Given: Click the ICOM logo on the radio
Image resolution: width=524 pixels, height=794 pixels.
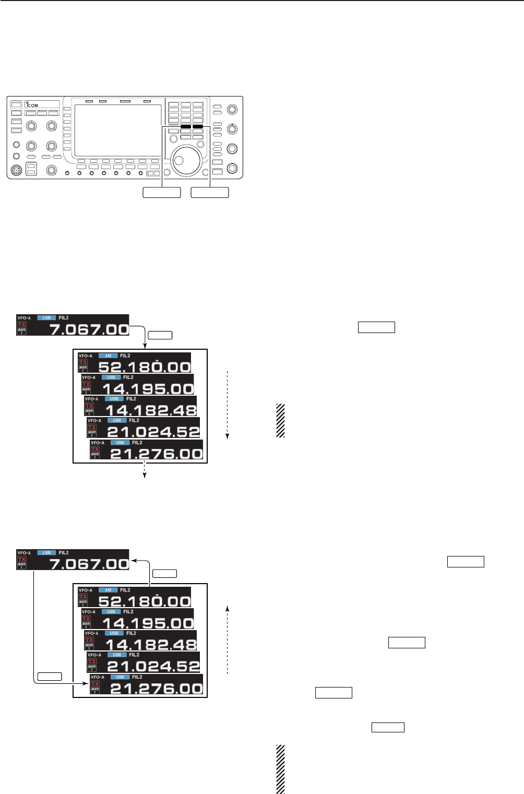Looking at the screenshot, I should pos(32,105).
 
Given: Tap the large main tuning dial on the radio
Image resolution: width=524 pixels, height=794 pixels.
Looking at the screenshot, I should pos(187,160).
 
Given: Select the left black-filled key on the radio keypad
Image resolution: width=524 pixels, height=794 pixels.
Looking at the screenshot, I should pos(186,127).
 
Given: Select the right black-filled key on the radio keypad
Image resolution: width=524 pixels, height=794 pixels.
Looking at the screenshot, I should pos(198,127).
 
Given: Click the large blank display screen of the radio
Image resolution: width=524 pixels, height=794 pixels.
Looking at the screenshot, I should pos(118,129).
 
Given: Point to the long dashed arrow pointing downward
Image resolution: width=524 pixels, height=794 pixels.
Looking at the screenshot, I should pos(228,405).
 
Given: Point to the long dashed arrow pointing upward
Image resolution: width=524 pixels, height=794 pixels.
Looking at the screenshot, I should pos(228,640).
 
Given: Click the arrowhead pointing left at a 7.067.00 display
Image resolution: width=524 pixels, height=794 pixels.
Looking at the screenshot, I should pos(133,560).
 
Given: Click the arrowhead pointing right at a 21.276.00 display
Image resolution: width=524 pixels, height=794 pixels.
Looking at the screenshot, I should pos(86,682).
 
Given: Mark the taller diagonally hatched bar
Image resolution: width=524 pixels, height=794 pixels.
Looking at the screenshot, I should pos(281,769).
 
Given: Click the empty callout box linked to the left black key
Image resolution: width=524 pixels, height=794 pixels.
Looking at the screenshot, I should pos(162,192).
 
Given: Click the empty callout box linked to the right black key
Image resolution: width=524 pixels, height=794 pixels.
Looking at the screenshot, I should pos(210,192).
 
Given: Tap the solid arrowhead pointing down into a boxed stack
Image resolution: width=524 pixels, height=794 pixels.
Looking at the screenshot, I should pos(145,345).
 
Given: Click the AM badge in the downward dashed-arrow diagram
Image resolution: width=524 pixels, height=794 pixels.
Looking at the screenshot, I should pos(108,356).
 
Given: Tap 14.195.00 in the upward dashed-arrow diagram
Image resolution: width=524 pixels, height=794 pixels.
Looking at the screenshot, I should pos(148,623).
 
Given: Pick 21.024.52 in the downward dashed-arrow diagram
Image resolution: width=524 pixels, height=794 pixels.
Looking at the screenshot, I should pos(153,432).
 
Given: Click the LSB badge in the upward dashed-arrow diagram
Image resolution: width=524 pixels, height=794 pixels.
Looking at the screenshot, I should pos(46,552).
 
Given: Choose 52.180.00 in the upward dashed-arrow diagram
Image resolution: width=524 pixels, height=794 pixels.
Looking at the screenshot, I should pos(144,601).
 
